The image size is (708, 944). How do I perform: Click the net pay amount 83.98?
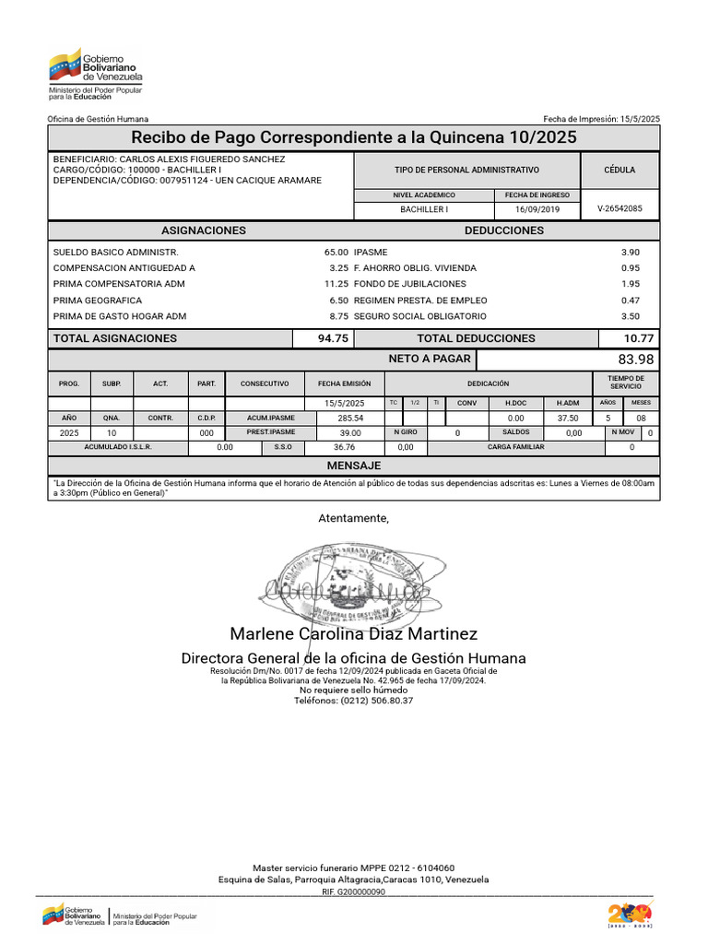pyautogui.click(x=635, y=360)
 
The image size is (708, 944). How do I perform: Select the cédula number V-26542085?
pyautogui.click(x=619, y=209)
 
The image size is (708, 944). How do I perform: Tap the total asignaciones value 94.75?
pyautogui.click(x=333, y=338)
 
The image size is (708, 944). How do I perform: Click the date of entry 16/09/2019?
pyautogui.click(x=537, y=209)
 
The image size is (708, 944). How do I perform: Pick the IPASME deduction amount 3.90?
pyautogui.click(x=631, y=252)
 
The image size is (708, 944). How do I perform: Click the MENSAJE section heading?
pyautogui.click(x=354, y=466)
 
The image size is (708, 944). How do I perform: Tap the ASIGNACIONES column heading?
pyautogui.click(x=204, y=230)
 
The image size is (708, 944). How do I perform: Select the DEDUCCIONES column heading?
pyautogui.click(x=504, y=230)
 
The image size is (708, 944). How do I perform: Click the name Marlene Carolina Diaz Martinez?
pyautogui.click(x=354, y=634)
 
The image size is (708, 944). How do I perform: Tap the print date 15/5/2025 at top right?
pyautogui.click(x=640, y=119)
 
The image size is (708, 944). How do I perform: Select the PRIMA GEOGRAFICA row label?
pyautogui.click(x=98, y=301)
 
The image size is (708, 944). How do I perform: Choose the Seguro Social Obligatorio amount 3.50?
pyautogui.click(x=631, y=316)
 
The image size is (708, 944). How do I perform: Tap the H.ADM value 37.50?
pyautogui.click(x=568, y=418)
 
